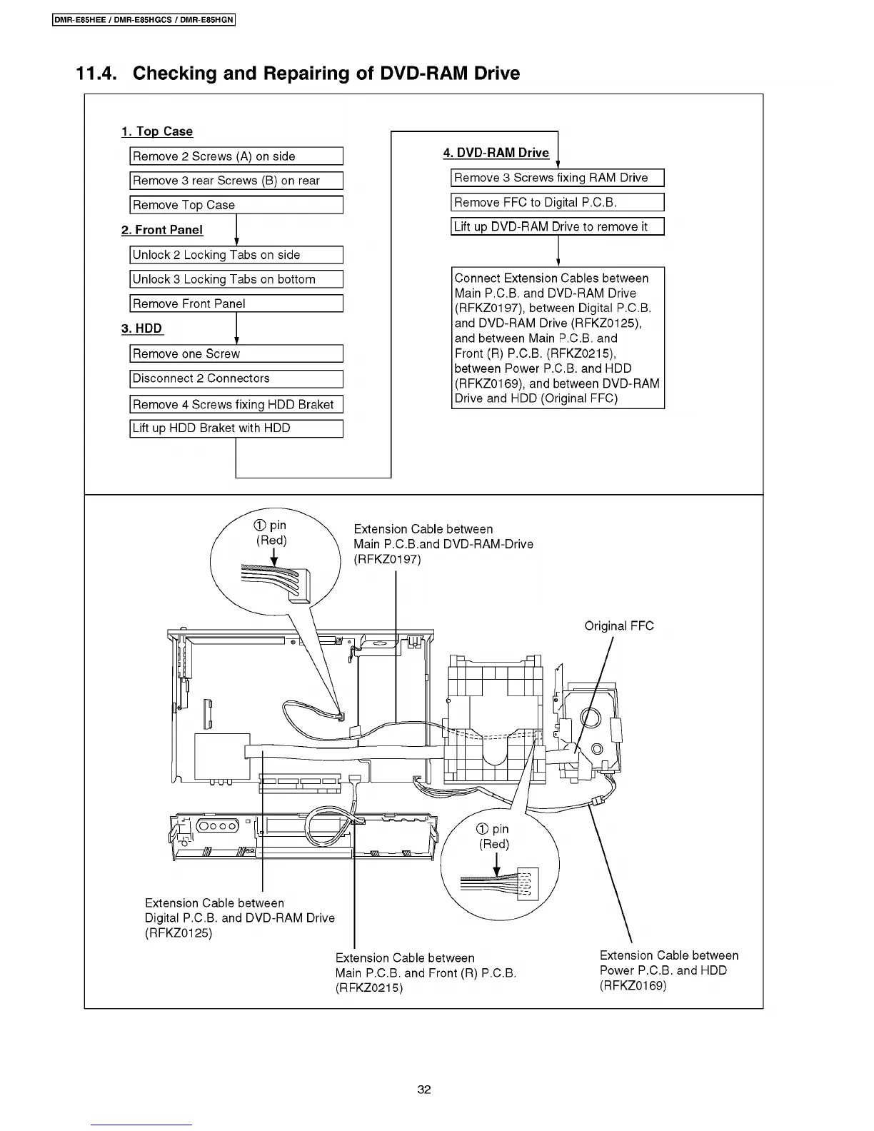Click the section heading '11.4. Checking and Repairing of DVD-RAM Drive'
pyautogui.click(x=298, y=74)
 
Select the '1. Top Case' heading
pyautogui.click(x=157, y=131)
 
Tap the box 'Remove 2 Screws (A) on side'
pyautogui.click(x=236, y=156)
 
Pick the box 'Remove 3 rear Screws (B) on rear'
pyautogui.click(x=236, y=181)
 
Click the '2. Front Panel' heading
pyautogui.click(x=162, y=230)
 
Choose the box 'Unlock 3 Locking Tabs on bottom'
pyautogui.click(x=236, y=279)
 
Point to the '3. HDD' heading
pyautogui.click(x=141, y=328)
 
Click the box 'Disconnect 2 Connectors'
pyautogui.click(x=236, y=378)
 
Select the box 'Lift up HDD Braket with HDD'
pyautogui.click(x=236, y=428)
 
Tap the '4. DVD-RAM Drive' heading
pyautogui.click(x=496, y=153)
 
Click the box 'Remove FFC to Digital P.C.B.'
pyautogui.click(x=558, y=202)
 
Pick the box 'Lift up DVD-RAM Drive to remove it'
pyautogui.click(x=558, y=227)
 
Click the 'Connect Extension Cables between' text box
pyautogui.click(x=558, y=338)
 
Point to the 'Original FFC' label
pyautogui.click(x=619, y=626)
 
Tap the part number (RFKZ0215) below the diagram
pyautogui.click(x=369, y=988)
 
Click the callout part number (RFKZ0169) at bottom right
pyautogui.click(x=633, y=985)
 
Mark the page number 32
pyautogui.click(x=424, y=1090)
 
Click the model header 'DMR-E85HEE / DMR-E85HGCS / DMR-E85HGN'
pyautogui.click(x=144, y=20)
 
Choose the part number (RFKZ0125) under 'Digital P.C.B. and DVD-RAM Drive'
pyautogui.click(x=179, y=933)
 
